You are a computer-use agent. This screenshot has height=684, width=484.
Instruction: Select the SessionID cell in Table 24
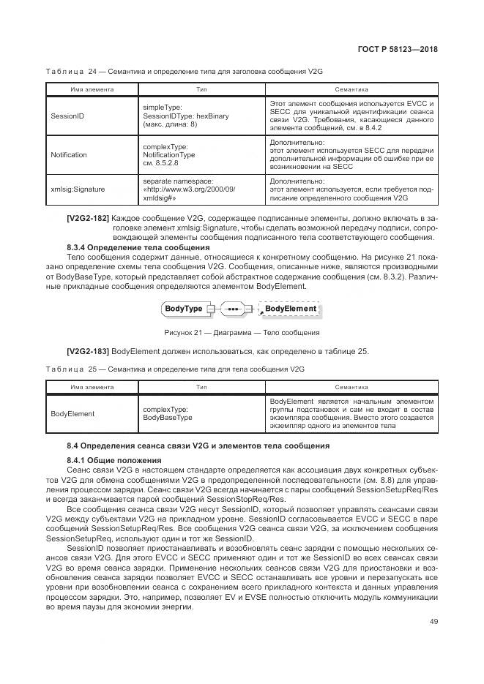coord(67,116)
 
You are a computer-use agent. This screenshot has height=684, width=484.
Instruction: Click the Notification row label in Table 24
coord(69,155)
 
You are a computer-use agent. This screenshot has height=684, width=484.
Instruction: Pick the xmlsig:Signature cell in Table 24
coord(77,189)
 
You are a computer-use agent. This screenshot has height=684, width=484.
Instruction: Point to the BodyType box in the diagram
coord(183,309)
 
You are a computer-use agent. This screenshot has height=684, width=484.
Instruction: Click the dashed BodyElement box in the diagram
coord(290,309)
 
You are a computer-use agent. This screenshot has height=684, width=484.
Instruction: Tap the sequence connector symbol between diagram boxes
coord(234,309)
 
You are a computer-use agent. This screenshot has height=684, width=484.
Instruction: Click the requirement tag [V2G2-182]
coord(88,219)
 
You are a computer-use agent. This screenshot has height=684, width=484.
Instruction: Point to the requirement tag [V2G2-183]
coord(88,352)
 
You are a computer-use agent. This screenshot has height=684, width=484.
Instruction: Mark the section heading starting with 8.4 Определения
coord(198,446)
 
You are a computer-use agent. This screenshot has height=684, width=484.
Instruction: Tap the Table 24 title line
coord(184,70)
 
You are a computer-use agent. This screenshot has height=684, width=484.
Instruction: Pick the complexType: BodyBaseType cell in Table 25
coord(167,414)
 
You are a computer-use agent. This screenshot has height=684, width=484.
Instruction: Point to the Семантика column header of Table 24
coord(351,89)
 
